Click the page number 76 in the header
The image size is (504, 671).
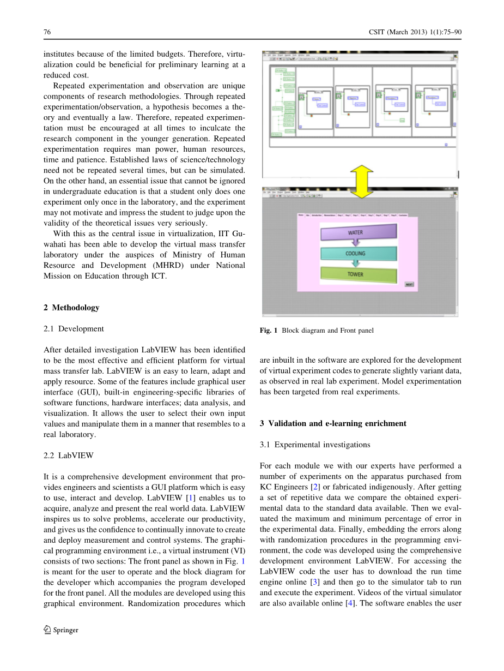[47, 32]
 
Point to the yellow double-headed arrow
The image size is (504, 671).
[360, 182]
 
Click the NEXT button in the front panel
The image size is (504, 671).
[409, 284]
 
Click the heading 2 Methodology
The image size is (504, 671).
[71, 308]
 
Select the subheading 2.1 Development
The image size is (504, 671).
[74, 329]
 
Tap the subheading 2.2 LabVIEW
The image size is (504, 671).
[69, 455]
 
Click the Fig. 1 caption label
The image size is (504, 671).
[269, 331]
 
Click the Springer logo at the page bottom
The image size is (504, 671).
[60, 630]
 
